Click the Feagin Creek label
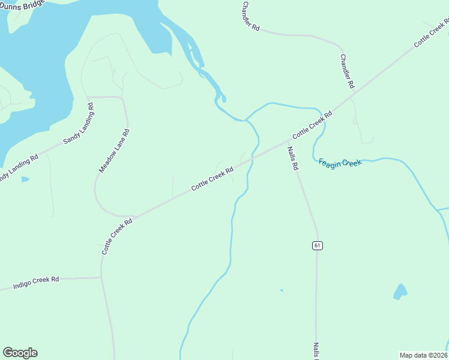point(340,163)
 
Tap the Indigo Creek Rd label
point(37,283)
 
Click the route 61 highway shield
point(317,245)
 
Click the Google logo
point(20,353)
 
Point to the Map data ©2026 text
point(424,355)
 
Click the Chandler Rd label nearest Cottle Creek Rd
point(348,71)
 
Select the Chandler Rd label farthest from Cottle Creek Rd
point(251,16)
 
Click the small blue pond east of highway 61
point(400,292)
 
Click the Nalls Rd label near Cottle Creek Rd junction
point(292,159)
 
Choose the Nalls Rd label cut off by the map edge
point(316,351)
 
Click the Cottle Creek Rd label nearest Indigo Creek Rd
point(116,236)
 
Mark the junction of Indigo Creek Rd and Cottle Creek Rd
point(101,277)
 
